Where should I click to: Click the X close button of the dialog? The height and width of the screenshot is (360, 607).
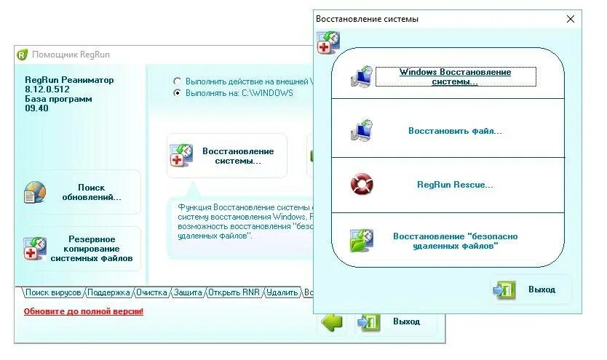(570, 19)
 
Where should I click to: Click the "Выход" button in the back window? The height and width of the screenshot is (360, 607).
(397, 321)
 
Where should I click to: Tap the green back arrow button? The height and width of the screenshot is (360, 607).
(332, 321)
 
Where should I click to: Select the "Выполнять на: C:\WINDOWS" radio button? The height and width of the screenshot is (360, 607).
(176, 93)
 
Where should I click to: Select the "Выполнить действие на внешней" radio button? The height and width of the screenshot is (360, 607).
(176, 81)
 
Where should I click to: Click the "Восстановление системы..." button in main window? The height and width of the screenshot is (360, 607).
(227, 156)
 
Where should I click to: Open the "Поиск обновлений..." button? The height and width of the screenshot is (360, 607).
(81, 192)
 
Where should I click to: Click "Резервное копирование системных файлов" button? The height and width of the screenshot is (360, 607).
(81, 248)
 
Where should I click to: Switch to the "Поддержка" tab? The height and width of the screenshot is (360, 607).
(109, 293)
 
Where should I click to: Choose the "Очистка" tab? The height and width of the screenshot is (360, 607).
(151, 293)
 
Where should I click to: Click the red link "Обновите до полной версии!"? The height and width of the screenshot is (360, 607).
(83, 311)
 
